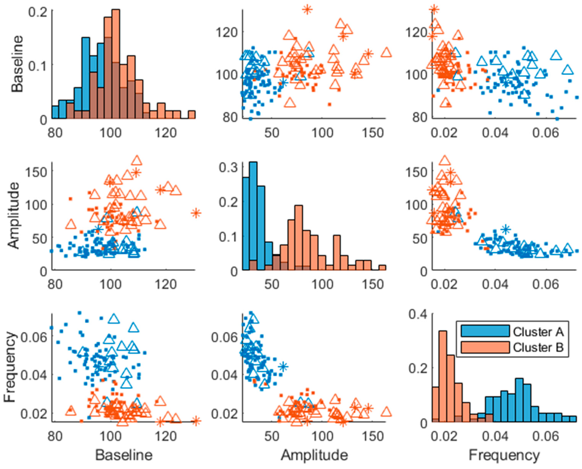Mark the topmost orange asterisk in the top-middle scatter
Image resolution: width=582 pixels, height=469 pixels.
point(307,10)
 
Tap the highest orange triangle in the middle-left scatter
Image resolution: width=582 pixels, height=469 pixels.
point(137,160)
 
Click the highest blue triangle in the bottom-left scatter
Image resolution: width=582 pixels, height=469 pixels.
point(114,319)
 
